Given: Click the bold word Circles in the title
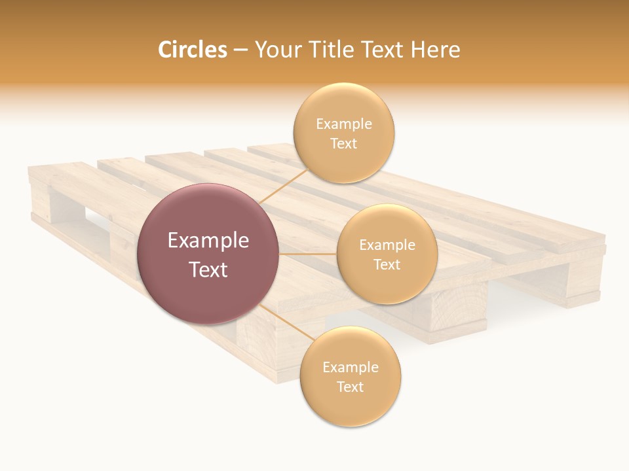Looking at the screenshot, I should [193, 50].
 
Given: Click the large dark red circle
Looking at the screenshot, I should [207, 254].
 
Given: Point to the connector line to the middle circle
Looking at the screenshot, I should [307, 254].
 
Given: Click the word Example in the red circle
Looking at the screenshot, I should [208, 241].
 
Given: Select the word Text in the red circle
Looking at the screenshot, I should [208, 270].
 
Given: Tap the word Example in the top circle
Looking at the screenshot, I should [344, 124].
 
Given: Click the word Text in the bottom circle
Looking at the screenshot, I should [350, 387].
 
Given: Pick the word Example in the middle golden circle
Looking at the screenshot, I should [387, 245].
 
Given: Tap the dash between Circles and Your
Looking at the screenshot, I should [240, 50].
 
